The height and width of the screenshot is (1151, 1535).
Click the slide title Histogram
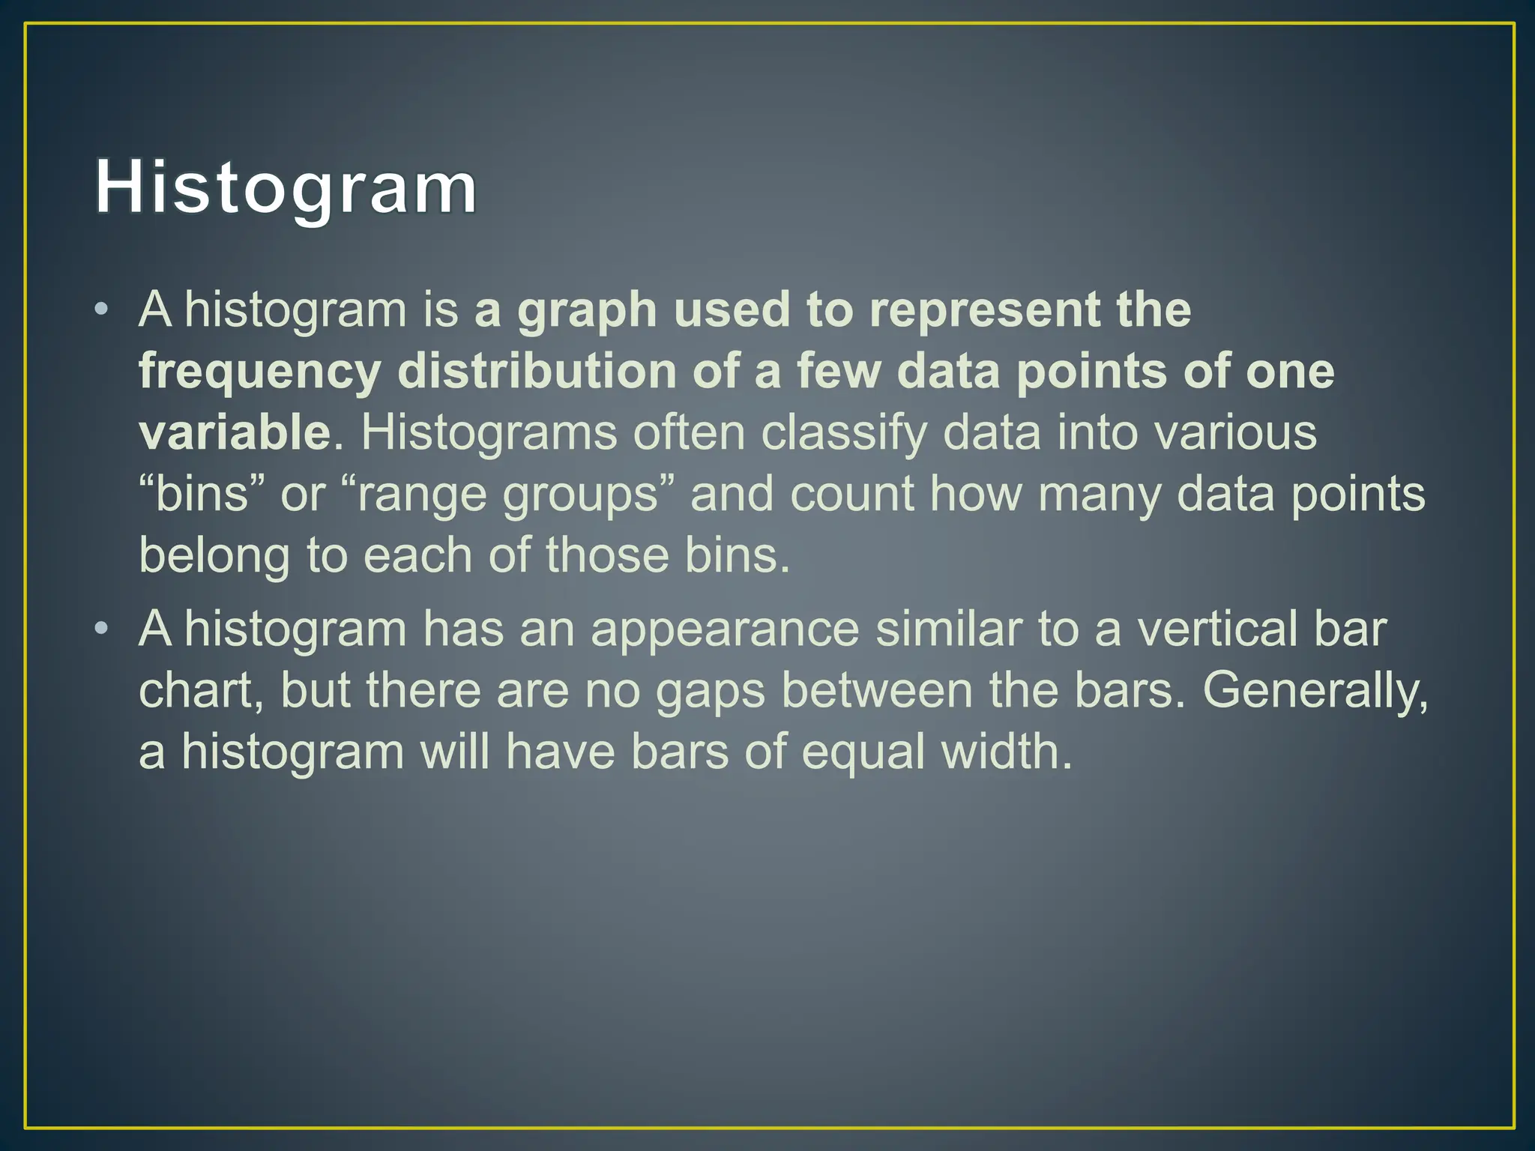tap(286, 187)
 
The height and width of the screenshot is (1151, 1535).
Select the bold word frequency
tap(259, 373)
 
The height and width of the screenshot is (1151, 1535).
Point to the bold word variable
tap(235, 432)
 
